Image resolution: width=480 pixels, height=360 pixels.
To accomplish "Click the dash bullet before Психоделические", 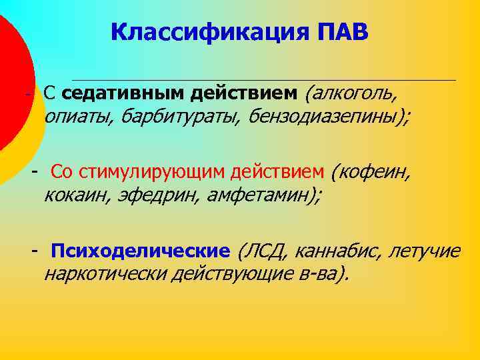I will tap(33, 251).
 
